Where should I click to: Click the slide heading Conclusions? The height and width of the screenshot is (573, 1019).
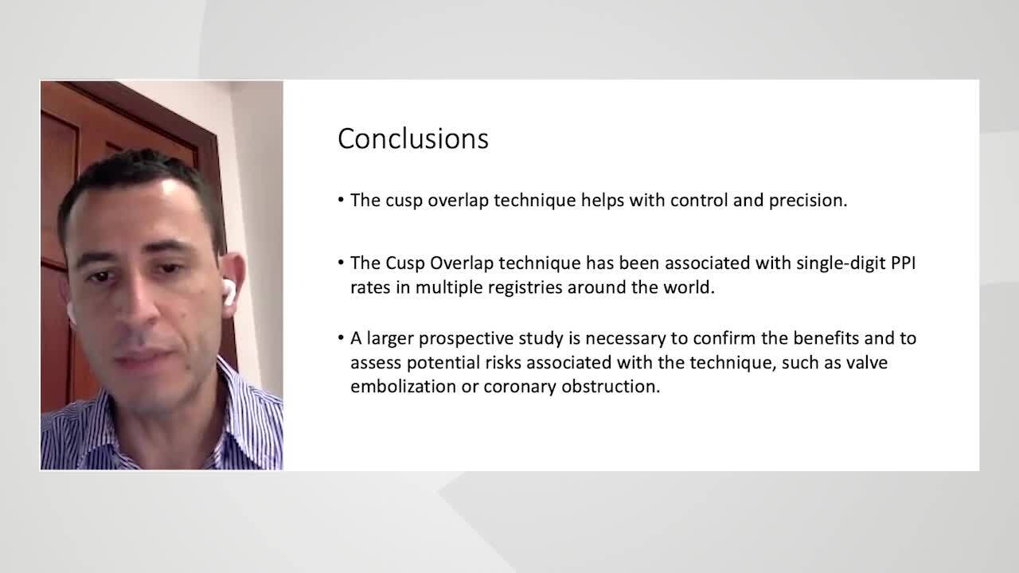point(413,138)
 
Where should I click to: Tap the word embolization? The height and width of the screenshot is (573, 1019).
point(403,387)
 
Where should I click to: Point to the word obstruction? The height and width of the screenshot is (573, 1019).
point(611,387)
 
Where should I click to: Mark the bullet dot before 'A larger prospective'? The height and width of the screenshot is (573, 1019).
point(341,338)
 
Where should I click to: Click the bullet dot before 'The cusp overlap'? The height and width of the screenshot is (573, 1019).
point(341,200)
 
